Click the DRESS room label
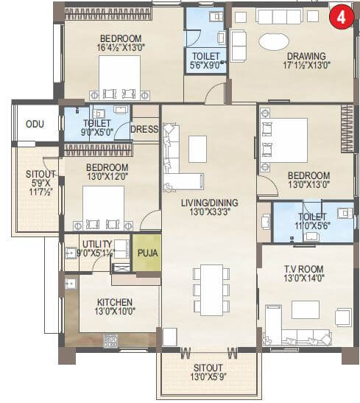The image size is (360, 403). coord(144,128)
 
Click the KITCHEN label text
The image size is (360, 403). coord(115,302)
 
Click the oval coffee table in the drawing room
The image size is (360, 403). coord(274,41)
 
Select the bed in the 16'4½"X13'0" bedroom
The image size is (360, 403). coord(119,76)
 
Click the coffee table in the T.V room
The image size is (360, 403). coord(305,309)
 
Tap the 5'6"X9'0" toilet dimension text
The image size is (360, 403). coord(205,65)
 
